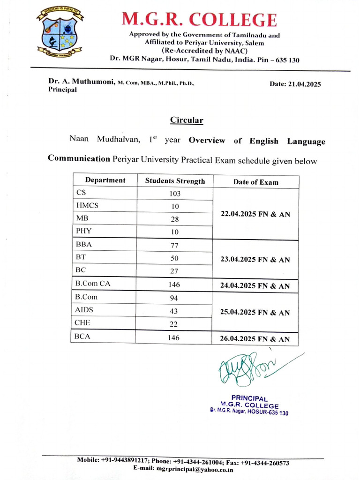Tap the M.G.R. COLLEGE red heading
pyautogui.click(x=199, y=19)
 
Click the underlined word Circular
pyautogui.click(x=186, y=120)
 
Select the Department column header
pyautogui.click(x=105, y=180)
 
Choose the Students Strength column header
pyautogui.click(x=175, y=181)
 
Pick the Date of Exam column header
pyautogui.click(x=255, y=182)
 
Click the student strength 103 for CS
pyautogui.click(x=174, y=194)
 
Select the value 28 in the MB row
pyautogui.click(x=174, y=219)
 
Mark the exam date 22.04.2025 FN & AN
pyautogui.click(x=255, y=214)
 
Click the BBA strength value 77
pyautogui.click(x=174, y=245)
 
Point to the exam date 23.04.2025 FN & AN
pyautogui.click(x=255, y=260)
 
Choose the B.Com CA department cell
pyautogui.click(x=92, y=284)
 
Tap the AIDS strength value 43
pyautogui.click(x=174, y=311)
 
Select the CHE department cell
pyautogui.click(x=83, y=323)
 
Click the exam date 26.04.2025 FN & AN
pyautogui.click(x=255, y=339)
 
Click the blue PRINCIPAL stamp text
pyautogui.click(x=249, y=398)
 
